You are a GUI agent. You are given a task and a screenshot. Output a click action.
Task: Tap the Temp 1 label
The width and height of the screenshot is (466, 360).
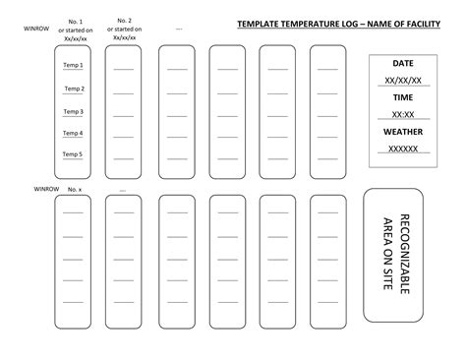[74, 66]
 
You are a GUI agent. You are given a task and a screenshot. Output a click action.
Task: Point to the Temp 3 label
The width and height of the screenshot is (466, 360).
[74, 111]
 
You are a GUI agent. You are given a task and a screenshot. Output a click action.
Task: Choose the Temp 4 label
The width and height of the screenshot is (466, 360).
[74, 133]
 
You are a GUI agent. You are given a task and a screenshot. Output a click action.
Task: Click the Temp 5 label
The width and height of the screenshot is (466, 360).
[74, 154]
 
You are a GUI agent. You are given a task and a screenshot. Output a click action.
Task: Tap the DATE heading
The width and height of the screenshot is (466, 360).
[403, 63]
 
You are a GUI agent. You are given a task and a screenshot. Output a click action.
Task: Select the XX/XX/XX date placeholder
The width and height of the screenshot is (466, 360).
[403, 81]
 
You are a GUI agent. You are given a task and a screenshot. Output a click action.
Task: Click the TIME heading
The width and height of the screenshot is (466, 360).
[403, 97]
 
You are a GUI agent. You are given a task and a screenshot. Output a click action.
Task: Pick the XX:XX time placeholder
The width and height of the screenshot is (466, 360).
[403, 115]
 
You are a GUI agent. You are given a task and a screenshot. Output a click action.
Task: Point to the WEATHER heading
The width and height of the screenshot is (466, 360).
[403, 132]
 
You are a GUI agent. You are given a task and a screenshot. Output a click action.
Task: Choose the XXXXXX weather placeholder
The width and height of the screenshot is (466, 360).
[403, 150]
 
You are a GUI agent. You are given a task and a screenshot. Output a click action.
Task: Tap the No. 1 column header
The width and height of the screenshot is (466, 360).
[75, 22]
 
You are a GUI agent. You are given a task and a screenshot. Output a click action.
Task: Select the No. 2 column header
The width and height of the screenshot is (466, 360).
[124, 21]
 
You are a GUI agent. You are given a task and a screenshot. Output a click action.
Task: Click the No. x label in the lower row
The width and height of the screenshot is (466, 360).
[75, 188]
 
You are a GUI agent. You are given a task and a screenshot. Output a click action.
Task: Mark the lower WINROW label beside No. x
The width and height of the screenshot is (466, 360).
[46, 187]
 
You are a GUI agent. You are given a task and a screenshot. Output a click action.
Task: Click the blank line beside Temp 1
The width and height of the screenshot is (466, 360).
[124, 69]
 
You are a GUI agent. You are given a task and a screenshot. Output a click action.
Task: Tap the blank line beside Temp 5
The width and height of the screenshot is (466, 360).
[124, 157]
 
